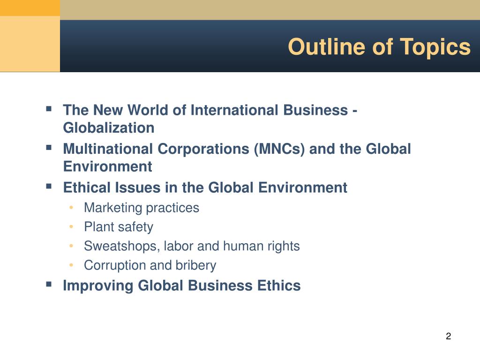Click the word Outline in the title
327,47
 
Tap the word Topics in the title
435,47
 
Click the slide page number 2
449,336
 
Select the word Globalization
109,127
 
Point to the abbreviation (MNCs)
279,149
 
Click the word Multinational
108,149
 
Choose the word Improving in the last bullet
98,285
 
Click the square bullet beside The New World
49,109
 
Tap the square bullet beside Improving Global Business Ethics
49,284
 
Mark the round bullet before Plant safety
71,227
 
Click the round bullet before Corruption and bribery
71,265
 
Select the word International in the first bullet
235,110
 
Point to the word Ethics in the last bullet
279,285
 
